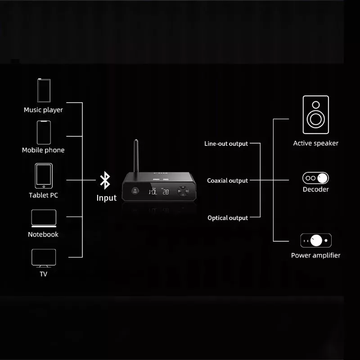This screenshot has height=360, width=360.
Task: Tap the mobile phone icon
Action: coord(43,132)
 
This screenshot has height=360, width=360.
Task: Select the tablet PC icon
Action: coord(43,176)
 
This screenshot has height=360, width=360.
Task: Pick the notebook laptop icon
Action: coord(43,218)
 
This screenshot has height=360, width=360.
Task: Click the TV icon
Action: coord(43,258)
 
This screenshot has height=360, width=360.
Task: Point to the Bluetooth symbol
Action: coord(105,180)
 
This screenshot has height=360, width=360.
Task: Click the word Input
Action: coord(107,198)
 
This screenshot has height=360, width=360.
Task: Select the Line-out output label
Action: coord(226,144)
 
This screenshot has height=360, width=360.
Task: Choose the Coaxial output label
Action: coord(227,181)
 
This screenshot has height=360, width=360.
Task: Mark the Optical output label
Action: coord(227,218)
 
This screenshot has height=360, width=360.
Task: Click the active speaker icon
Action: coord(315,115)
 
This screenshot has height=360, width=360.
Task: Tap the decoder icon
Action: coord(315,177)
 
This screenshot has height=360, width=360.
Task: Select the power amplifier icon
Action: coord(315,240)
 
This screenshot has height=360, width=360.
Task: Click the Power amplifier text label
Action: coord(315,256)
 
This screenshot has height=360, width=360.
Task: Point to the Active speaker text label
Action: coord(315,144)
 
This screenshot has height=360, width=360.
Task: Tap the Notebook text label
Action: coord(43,234)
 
